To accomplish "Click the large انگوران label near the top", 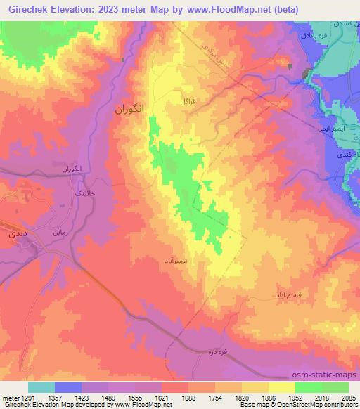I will tap(132, 110).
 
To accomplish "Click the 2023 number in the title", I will tap(105, 10).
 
